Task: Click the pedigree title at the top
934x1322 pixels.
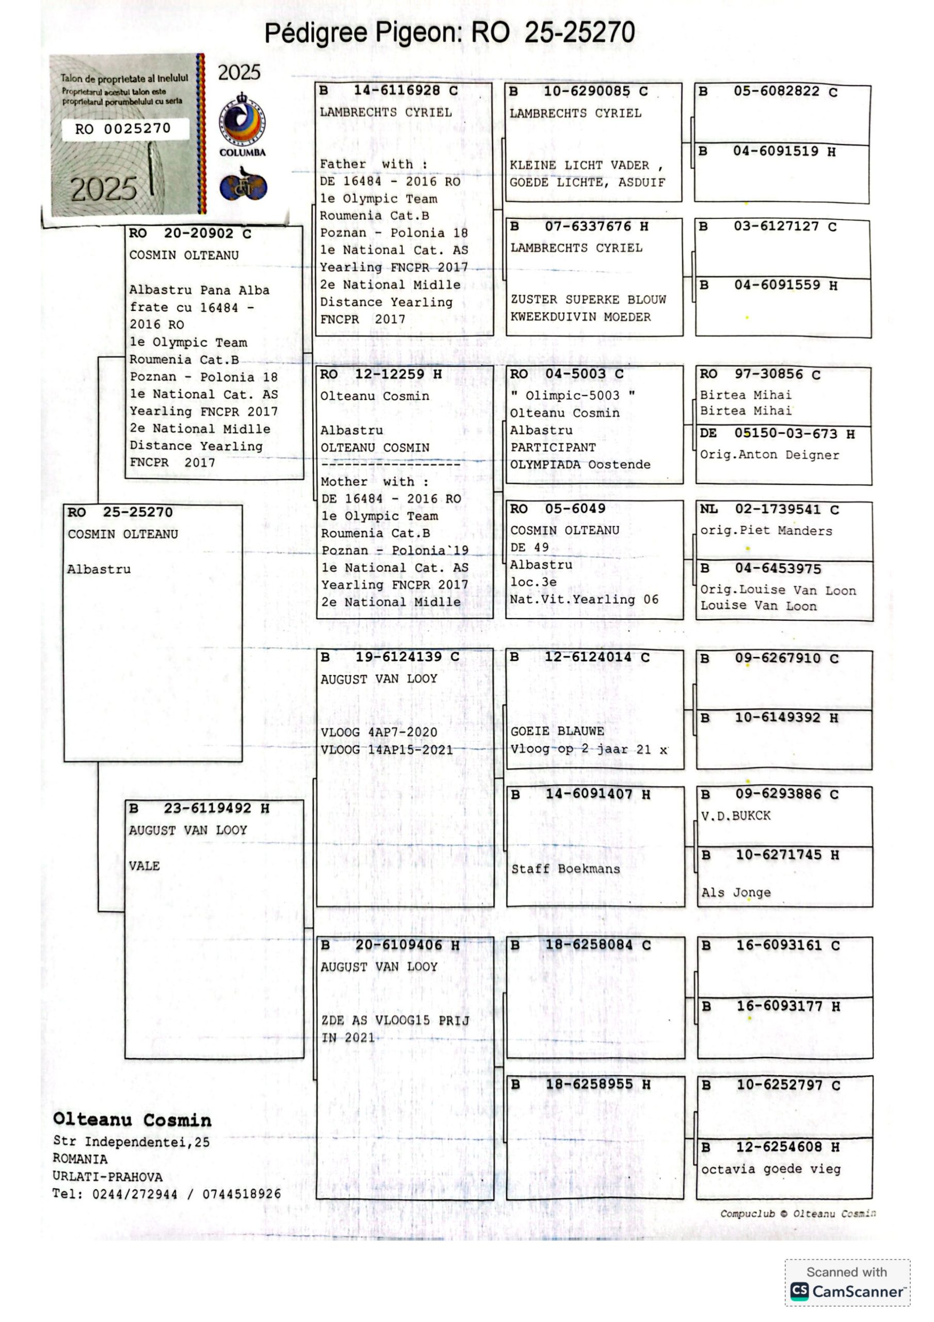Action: point(449,33)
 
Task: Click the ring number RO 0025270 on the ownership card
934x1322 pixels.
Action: point(123,129)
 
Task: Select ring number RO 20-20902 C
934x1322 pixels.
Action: point(190,233)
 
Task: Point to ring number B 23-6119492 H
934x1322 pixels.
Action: point(199,808)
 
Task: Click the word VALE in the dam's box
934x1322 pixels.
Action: point(144,866)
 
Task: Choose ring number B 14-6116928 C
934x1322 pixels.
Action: point(389,90)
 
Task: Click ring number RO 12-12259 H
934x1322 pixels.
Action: point(381,374)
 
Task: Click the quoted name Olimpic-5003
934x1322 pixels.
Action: point(573,396)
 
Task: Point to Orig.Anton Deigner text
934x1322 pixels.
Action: point(769,455)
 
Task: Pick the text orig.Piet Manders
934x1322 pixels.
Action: point(766,531)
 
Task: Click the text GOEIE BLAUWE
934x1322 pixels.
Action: point(557,731)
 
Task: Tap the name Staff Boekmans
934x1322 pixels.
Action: point(565,869)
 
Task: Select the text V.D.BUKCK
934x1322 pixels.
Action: point(735,816)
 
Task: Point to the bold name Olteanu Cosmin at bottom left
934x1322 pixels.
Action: point(132,1120)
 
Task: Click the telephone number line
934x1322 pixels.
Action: point(166,1194)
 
